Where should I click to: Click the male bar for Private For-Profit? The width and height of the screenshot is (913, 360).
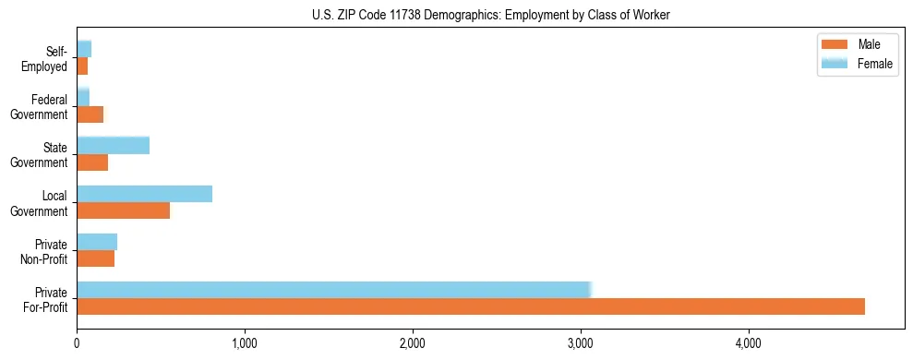pos(471,306)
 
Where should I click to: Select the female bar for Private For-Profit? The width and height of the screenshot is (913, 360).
pos(333,289)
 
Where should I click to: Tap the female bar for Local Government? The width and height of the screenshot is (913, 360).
pos(144,193)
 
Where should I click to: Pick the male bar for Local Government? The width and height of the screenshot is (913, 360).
pos(123,210)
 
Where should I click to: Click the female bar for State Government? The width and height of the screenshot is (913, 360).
pos(113,145)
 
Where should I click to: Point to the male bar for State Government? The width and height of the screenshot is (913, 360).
pos(92,162)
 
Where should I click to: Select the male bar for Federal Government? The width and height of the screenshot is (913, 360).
pos(90,114)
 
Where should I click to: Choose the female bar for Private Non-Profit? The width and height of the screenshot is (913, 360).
pos(97,241)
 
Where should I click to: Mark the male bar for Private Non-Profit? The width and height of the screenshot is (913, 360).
pos(95,258)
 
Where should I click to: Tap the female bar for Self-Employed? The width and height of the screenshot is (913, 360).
pos(84,49)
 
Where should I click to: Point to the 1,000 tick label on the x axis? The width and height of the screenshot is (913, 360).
pos(245,344)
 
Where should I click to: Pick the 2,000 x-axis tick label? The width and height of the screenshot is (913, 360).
pos(413,344)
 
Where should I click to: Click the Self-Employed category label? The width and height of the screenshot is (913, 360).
pos(47,58)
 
